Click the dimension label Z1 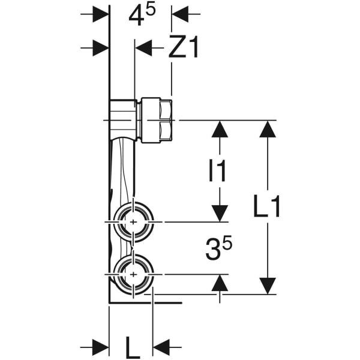click(x=184, y=48)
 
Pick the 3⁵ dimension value click(x=218, y=249)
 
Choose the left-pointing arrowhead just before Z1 click(x=144, y=48)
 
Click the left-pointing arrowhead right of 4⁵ click(x=180, y=13)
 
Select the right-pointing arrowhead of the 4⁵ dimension click(x=100, y=13)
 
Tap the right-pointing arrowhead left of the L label click(x=100, y=346)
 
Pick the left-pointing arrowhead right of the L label click(x=162, y=346)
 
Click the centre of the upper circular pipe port click(x=131, y=221)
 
